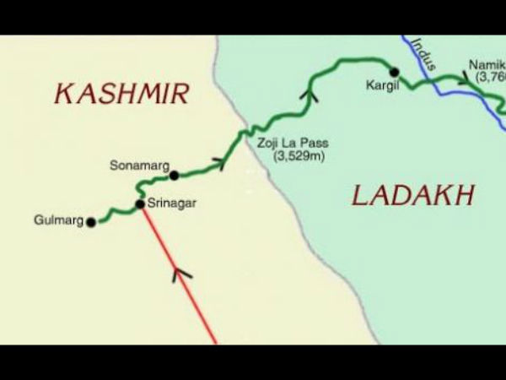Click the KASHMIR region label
coord(121,94)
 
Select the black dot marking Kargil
coord(393,72)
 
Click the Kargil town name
coord(380,85)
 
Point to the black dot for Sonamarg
coord(175,176)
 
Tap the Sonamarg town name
coord(135,166)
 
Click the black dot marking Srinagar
coord(140,204)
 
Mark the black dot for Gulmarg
coord(91,223)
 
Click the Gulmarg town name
coord(59,221)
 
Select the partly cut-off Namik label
coord(487,64)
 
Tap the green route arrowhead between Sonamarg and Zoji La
coord(221,161)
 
